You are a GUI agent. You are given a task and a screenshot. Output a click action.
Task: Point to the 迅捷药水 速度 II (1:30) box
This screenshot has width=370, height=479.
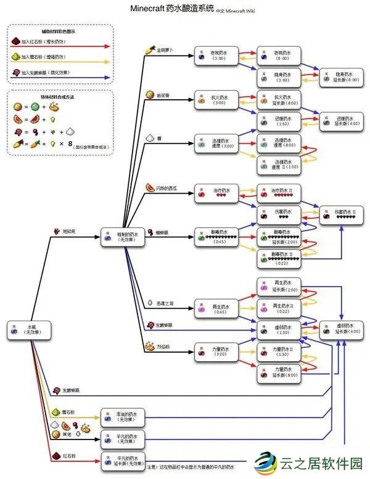point(277,165)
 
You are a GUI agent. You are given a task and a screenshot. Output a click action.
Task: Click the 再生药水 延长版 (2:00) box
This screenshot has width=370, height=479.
point(277,286)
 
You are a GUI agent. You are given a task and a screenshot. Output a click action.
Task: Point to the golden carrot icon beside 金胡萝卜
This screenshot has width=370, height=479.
point(149,49)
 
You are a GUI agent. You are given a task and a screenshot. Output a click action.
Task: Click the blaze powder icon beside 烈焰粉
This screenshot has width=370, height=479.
point(149,346)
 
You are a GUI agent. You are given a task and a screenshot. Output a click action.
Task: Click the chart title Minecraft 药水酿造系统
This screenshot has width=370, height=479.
point(172,9)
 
